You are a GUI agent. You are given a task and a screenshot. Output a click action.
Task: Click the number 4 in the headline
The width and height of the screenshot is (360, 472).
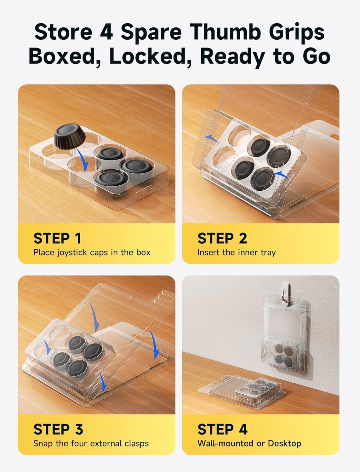(106, 32)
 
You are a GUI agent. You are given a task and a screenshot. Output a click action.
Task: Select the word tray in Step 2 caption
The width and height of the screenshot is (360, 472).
(268, 253)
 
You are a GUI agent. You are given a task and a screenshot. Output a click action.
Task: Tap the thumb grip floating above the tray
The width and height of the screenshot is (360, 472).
(70, 137)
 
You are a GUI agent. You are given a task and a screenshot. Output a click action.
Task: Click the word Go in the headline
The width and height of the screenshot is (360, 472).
(317, 56)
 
